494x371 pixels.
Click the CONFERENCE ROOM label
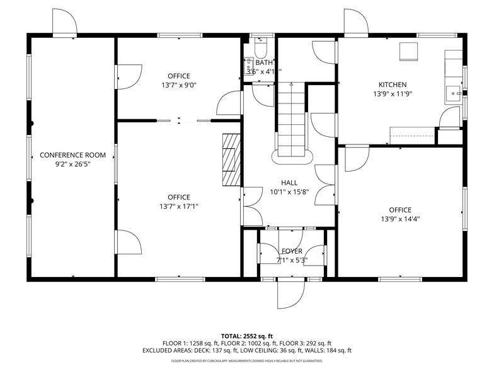point(72,155)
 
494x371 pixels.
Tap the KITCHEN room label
point(392,85)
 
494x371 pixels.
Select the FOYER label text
point(292,251)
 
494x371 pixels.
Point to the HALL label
point(289,183)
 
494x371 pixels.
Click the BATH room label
point(263,63)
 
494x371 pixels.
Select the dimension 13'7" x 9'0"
point(179,85)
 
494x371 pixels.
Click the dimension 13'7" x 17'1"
point(179,206)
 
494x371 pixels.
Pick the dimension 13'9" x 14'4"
point(400,219)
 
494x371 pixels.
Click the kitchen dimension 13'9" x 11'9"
point(392,93)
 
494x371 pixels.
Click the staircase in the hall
point(291,120)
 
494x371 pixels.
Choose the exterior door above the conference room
point(64,24)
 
